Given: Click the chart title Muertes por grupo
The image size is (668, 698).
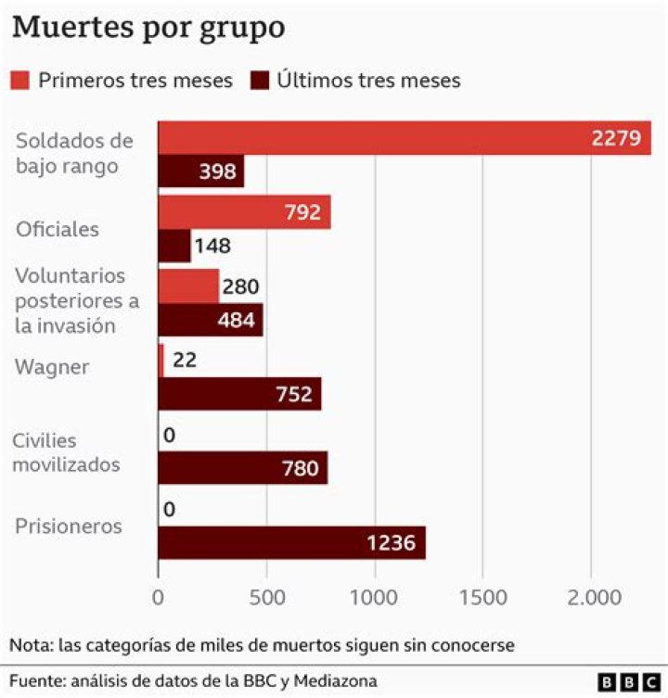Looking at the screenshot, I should (x=148, y=27).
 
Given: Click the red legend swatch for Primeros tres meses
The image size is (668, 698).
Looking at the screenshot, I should (x=21, y=81).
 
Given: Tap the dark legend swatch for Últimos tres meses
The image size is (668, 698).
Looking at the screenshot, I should (x=261, y=81).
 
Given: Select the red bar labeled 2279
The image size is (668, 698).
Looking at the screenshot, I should (x=404, y=138).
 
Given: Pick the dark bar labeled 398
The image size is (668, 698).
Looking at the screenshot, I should (x=200, y=171).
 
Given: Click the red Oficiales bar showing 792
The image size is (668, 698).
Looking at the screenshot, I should (x=244, y=212).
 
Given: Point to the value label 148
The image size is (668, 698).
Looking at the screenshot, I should (x=212, y=246).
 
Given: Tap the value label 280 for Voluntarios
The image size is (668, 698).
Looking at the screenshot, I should (x=240, y=286).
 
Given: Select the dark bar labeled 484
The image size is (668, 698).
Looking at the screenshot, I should (x=211, y=320).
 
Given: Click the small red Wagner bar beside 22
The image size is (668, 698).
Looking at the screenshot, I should (x=161, y=361).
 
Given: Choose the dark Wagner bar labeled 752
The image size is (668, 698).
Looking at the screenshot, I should (x=239, y=394).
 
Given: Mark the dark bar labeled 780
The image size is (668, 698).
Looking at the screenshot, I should (x=242, y=468).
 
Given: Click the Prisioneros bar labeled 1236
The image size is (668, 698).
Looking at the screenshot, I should (x=291, y=542).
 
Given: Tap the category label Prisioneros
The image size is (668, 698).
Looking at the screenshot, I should (x=69, y=527).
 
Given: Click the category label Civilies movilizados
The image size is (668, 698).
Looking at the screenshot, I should (x=67, y=452).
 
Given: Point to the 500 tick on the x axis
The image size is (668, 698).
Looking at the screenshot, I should (x=266, y=598).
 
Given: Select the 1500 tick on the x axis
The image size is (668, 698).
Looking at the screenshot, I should (x=482, y=598).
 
